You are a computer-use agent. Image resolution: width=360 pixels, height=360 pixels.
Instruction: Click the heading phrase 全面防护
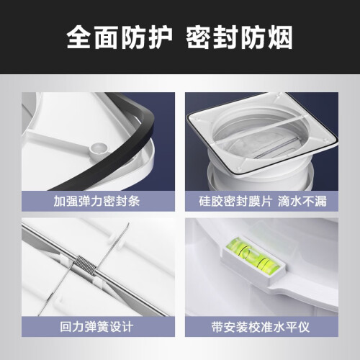coord(120,37)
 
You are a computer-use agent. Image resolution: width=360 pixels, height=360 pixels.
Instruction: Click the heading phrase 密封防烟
coord(239,37)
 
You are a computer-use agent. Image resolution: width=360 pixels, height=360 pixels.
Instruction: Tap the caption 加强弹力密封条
coord(96,201)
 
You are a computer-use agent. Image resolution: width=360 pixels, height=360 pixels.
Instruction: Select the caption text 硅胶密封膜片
coord(235,201)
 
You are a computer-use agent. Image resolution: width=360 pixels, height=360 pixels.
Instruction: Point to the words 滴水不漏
coord(302,201)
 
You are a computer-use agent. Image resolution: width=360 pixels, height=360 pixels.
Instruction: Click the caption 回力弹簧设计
coord(96,327)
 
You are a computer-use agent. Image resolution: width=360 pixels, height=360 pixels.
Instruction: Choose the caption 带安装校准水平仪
coord(261,327)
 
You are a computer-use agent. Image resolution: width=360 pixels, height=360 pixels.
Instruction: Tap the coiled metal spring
coord(85,264)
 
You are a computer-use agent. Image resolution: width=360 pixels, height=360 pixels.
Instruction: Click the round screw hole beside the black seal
coord(99,149)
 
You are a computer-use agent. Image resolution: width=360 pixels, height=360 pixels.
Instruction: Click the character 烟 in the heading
coord(280,37)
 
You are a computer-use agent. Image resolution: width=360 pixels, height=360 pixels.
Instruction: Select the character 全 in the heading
coord(79,37)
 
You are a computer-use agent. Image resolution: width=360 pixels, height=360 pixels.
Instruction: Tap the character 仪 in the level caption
coord(304,327)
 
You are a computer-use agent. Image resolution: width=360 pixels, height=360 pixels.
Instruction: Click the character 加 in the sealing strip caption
coord(60,201)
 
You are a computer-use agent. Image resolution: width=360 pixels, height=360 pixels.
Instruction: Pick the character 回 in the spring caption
coord(66,327)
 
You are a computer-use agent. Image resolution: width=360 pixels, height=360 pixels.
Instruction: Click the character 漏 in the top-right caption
coord(321,201)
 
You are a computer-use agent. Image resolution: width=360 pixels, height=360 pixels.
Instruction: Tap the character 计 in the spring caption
coord(127,327)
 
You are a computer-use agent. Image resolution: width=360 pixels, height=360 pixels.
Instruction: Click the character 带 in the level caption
coord(217,327)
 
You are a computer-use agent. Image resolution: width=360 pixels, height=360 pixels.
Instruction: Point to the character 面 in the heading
coord(106,37)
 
